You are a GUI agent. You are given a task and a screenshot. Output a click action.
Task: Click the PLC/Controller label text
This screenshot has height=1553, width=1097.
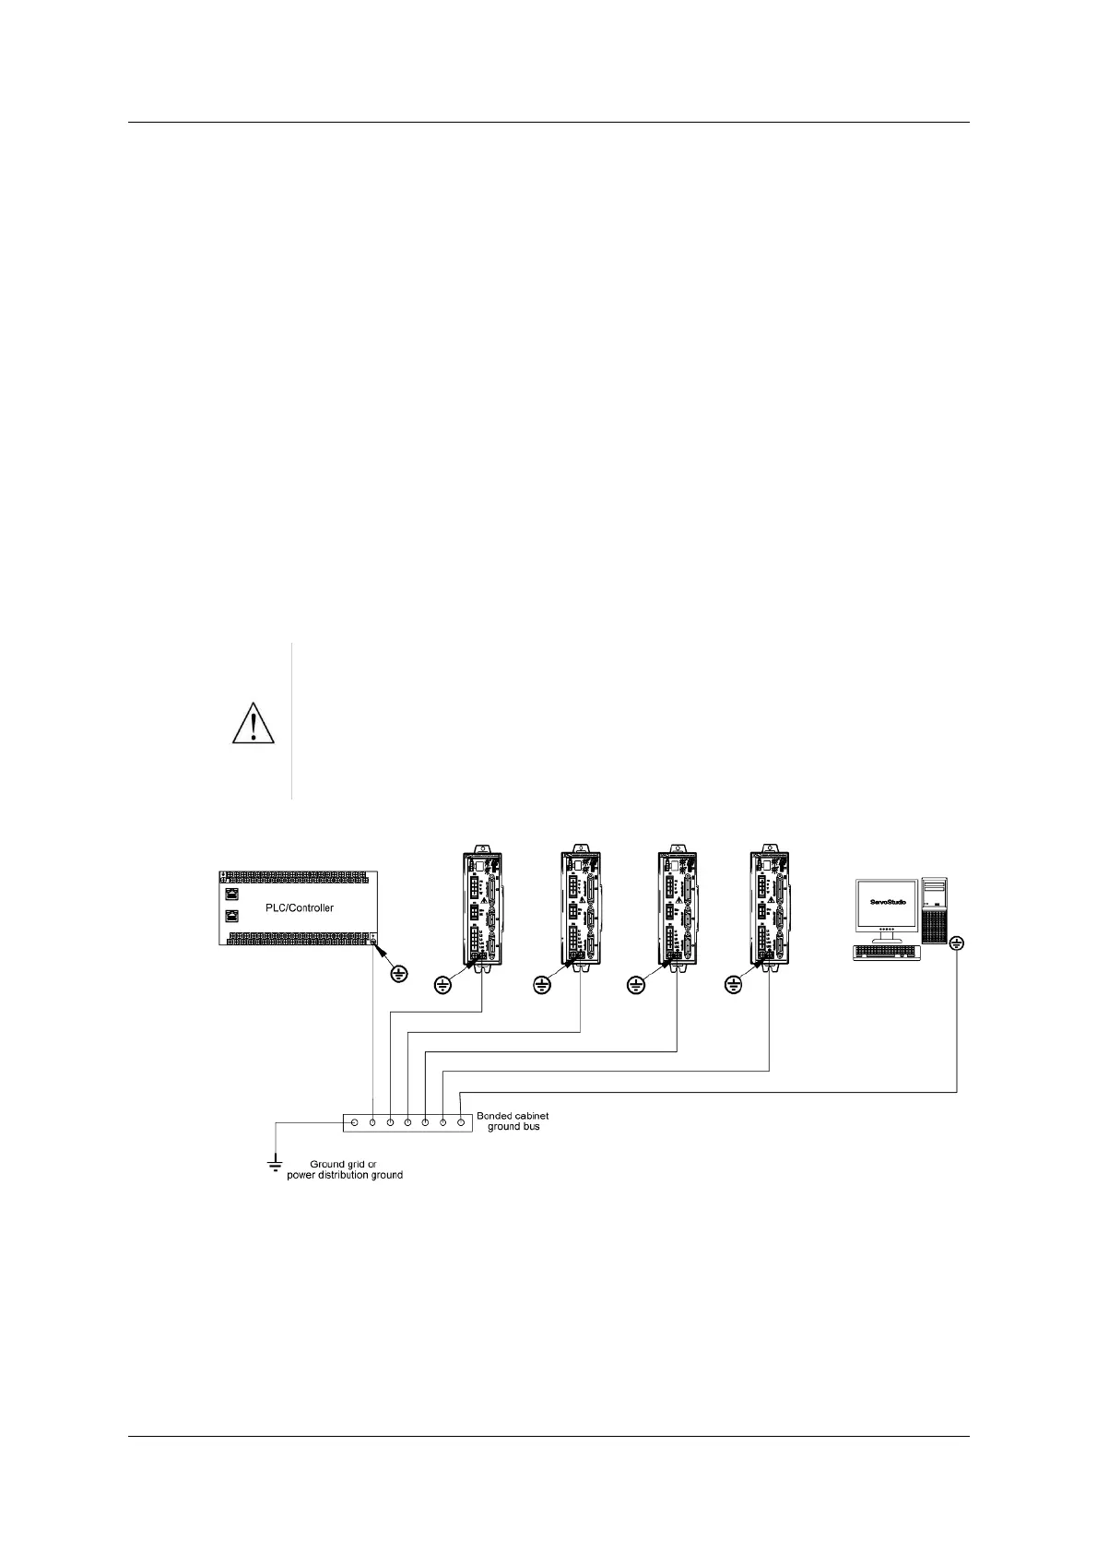[299, 907]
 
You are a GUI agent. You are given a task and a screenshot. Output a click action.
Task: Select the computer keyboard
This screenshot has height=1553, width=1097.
[888, 952]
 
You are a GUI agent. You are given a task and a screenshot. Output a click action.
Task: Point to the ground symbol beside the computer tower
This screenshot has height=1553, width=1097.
[957, 943]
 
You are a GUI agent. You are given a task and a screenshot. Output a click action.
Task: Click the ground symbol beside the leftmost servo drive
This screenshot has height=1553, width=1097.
[442, 987]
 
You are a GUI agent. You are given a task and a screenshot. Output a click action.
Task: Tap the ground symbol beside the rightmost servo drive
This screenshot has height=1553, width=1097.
[734, 987]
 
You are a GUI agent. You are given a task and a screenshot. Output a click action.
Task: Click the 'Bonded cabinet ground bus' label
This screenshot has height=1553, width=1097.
[513, 1120]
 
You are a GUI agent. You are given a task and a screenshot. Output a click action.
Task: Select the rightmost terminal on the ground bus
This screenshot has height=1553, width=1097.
[460, 1122]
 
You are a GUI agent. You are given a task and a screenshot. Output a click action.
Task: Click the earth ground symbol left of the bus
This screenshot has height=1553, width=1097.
[274, 1164]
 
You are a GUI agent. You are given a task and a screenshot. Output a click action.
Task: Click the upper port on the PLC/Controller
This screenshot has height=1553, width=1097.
[233, 894]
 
